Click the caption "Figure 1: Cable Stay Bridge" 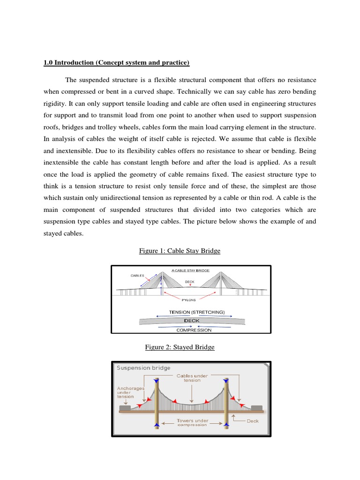click(x=180, y=251)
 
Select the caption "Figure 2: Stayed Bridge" click(x=180, y=347)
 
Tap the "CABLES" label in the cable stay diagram click(x=137, y=276)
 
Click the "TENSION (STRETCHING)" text click(x=197, y=312)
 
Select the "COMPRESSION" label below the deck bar click(x=194, y=330)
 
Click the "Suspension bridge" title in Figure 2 click(x=143, y=368)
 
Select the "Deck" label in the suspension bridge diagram click(x=253, y=421)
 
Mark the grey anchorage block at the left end click(x=124, y=408)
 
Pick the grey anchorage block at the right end click(x=257, y=408)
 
